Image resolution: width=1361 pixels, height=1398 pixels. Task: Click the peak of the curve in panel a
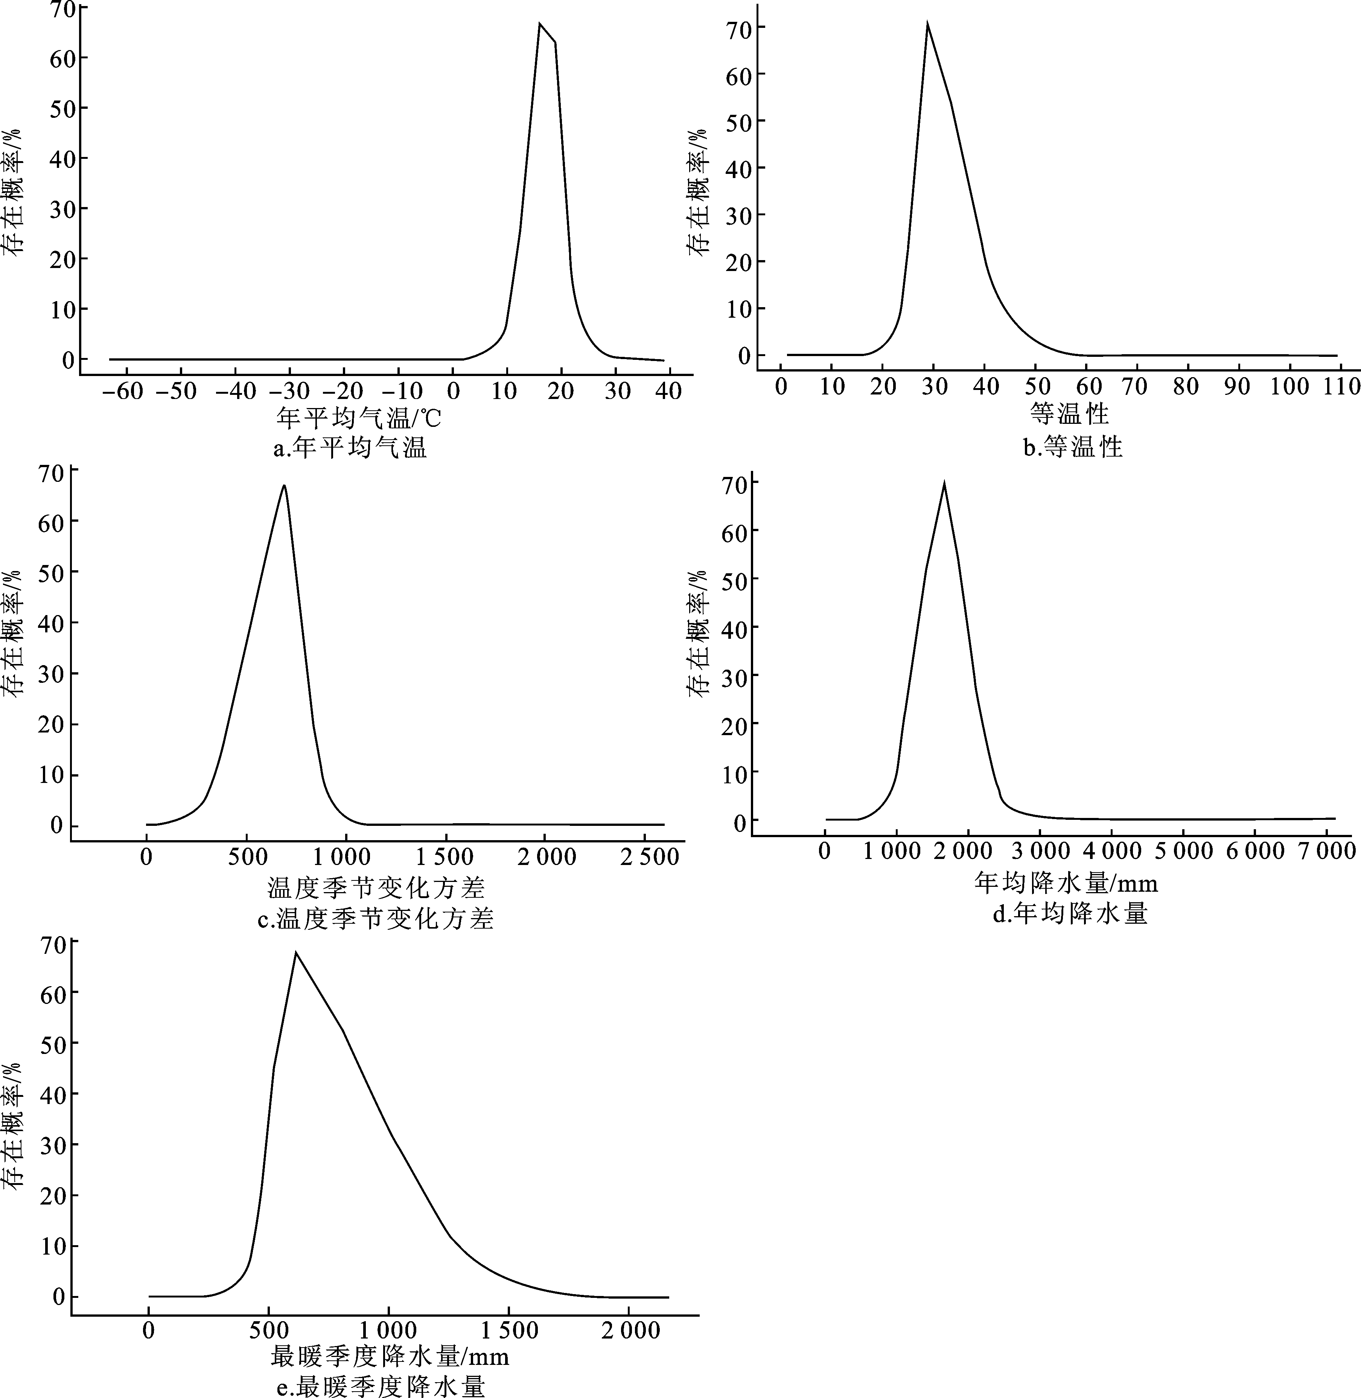tap(540, 24)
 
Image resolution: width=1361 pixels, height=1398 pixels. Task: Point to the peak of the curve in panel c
tap(285, 485)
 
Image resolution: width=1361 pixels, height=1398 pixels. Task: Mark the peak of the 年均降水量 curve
tap(944, 484)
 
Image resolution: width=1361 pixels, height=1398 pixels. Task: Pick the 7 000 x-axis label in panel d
tap(1326, 851)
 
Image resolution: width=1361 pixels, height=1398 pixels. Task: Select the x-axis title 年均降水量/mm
tap(1066, 883)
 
